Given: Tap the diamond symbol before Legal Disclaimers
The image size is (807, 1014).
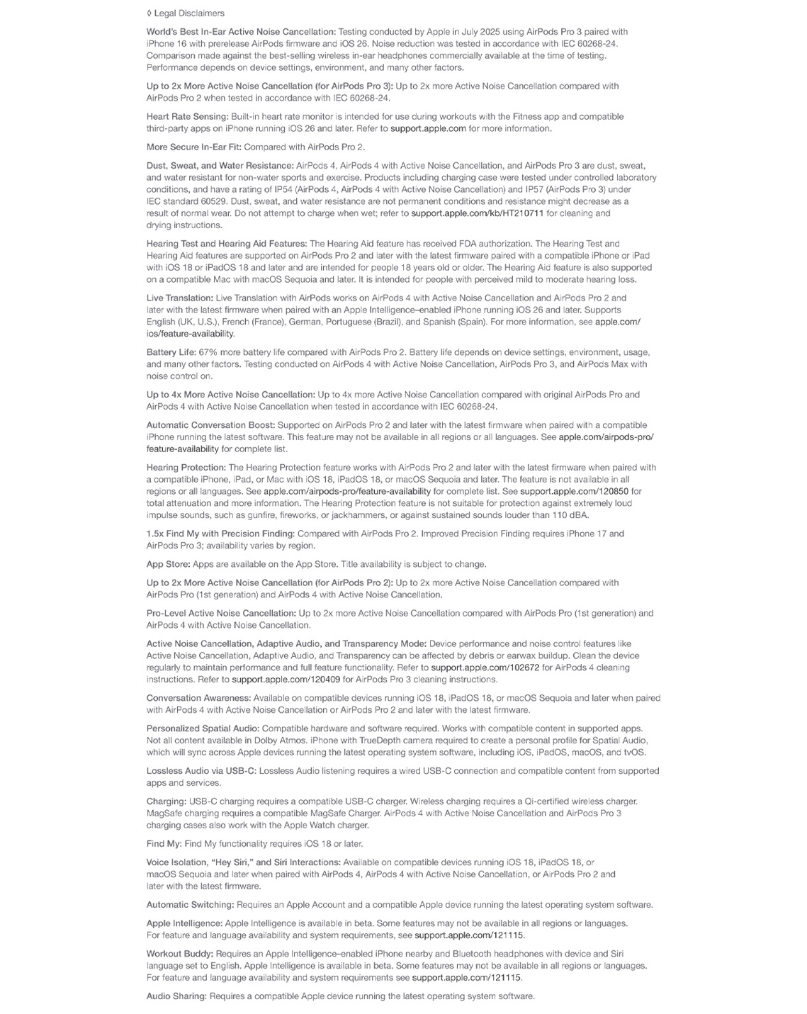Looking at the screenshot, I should (149, 13).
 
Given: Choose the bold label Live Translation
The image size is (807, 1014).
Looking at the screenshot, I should (179, 298).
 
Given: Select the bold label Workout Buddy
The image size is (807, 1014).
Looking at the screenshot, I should (179, 954).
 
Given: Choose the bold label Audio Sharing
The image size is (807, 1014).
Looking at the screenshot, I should (176, 996).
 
